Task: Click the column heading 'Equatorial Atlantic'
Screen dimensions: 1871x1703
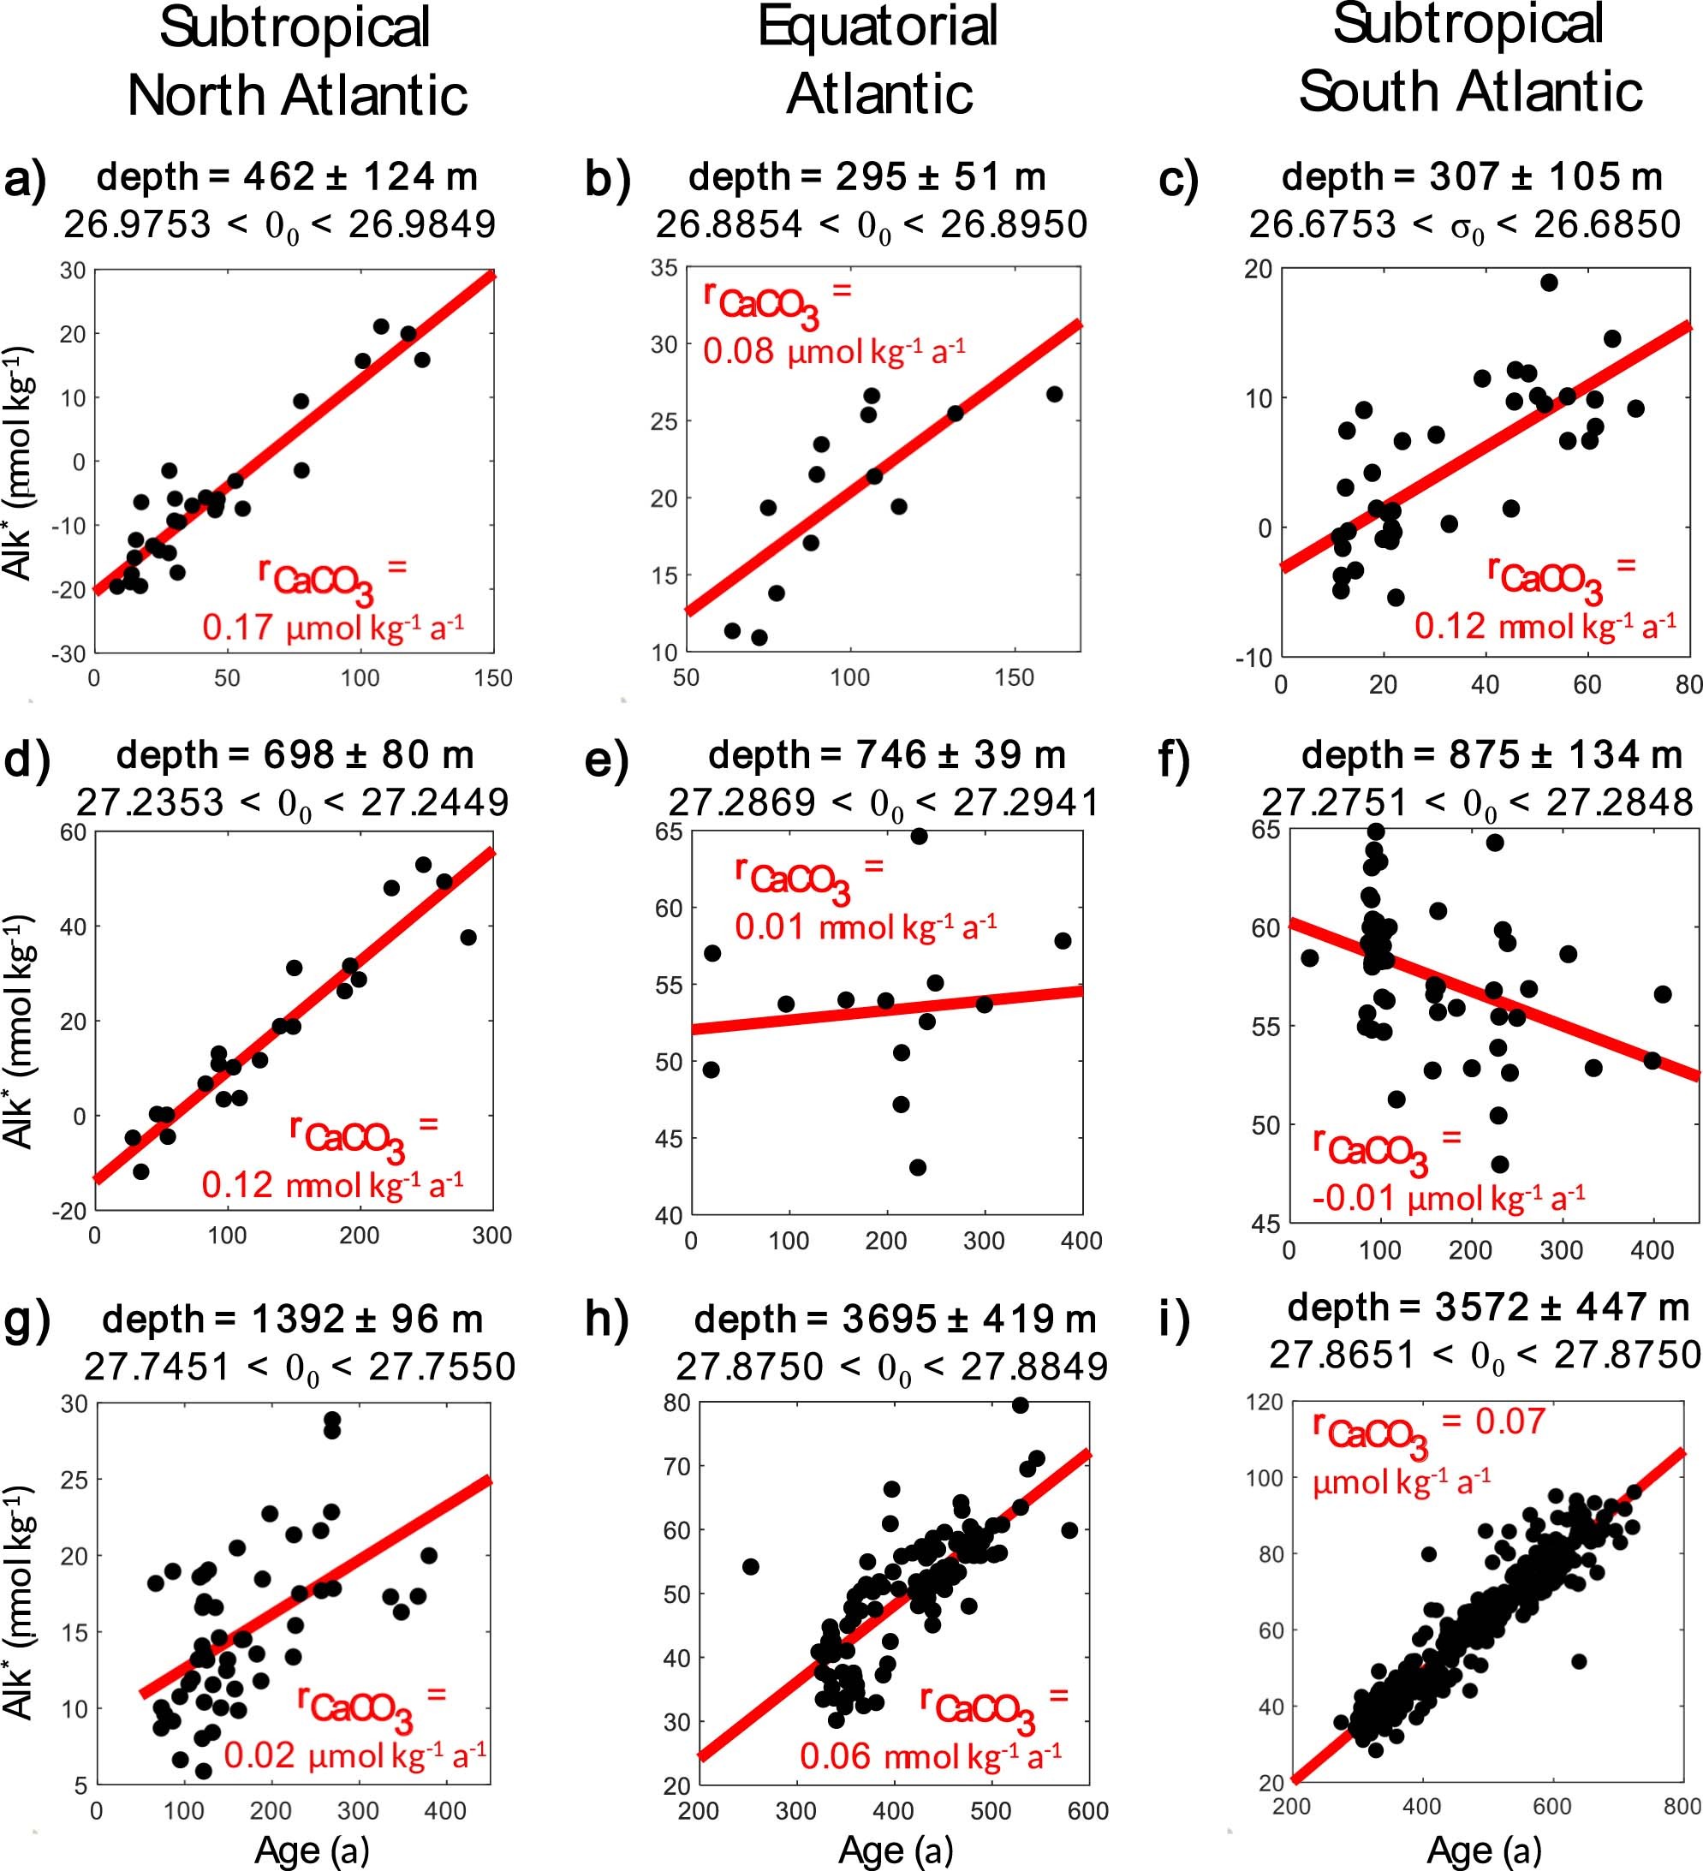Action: [x=878, y=59]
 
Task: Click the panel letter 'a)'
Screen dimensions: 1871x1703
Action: [x=25, y=178]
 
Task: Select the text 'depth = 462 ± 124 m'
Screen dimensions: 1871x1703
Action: [x=287, y=176]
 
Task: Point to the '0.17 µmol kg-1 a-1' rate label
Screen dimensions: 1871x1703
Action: [x=333, y=629]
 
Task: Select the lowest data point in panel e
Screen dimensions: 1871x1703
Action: [x=917, y=1167]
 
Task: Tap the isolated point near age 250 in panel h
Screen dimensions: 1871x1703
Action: [x=751, y=1567]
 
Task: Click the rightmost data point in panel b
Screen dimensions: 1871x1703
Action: [x=1054, y=395]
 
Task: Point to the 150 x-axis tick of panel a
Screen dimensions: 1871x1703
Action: [x=493, y=678]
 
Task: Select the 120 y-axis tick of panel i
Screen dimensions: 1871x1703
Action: [x=1264, y=1402]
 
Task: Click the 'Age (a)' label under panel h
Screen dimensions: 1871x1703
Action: [x=896, y=1850]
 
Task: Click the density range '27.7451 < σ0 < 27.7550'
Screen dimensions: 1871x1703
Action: [x=299, y=1366]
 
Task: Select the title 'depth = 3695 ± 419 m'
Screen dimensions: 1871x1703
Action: [x=895, y=1319]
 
